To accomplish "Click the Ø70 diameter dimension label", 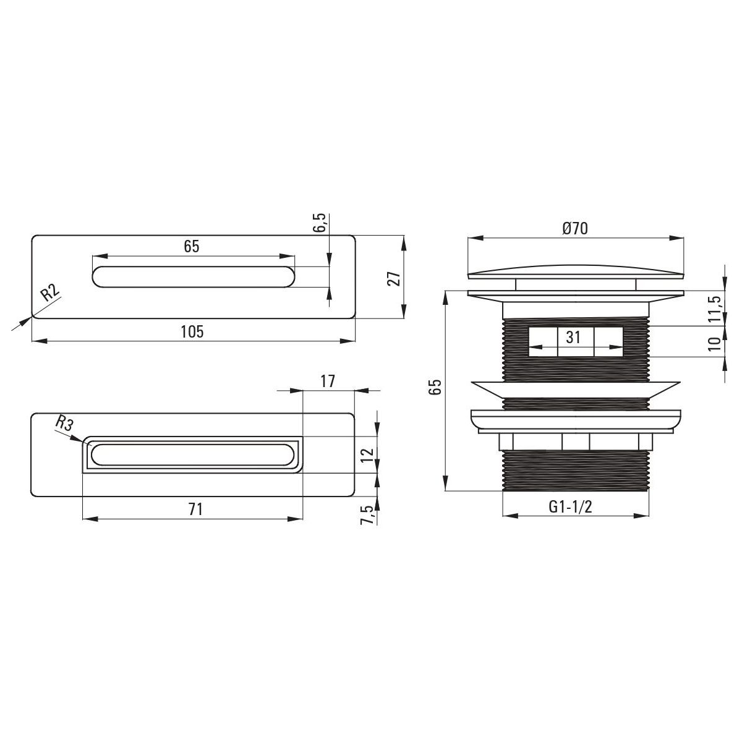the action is [x=574, y=229].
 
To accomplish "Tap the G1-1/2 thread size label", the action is [x=570, y=507].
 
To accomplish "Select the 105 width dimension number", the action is [x=192, y=331].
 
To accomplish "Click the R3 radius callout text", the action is [x=64, y=424].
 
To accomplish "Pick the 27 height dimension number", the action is [x=394, y=278].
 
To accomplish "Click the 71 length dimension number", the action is [x=195, y=510].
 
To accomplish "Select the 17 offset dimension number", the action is [x=328, y=381].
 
